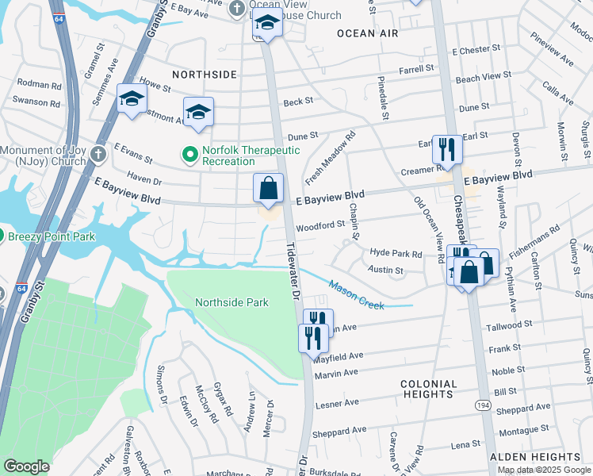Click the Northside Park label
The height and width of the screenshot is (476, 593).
(x=231, y=302)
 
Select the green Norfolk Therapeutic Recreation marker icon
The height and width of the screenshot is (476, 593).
(x=189, y=155)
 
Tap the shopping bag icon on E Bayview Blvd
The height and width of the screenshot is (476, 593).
(x=269, y=190)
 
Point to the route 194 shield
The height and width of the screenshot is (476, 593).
(x=483, y=405)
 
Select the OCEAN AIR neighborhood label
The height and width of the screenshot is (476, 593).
(x=365, y=33)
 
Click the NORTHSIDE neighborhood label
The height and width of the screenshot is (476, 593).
(x=205, y=74)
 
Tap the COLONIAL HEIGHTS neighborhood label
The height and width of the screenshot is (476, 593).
(x=430, y=389)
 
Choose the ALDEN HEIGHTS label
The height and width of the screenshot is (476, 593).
(x=535, y=457)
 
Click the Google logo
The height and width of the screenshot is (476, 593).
(x=27, y=466)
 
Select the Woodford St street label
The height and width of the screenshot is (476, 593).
(x=320, y=225)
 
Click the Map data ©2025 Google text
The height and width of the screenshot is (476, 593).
(x=544, y=470)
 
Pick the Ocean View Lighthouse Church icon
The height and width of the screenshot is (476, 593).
(x=236, y=9)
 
